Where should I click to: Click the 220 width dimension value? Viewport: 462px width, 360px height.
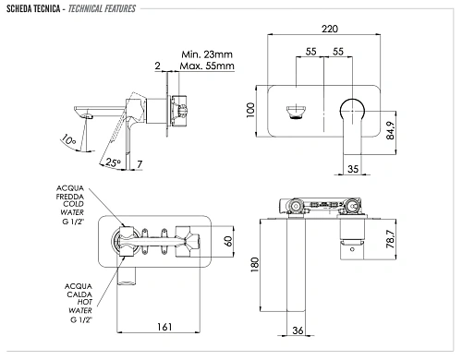tap(330, 29)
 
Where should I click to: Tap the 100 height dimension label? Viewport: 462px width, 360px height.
tap(250, 110)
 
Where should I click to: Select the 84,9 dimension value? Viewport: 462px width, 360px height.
tap(390, 130)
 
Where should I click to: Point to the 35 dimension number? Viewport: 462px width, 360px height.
tap(353, 169)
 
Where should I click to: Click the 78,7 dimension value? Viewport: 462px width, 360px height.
tap(390, 239)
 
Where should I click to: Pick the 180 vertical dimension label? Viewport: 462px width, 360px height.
tap(255, 265)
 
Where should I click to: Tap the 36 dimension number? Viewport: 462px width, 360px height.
tap(298, 330)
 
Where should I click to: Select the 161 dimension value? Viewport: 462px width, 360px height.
tap(164, 327)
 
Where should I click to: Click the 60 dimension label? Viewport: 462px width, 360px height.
tap(228, 241)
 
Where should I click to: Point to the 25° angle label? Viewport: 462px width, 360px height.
tap(113, 162)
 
